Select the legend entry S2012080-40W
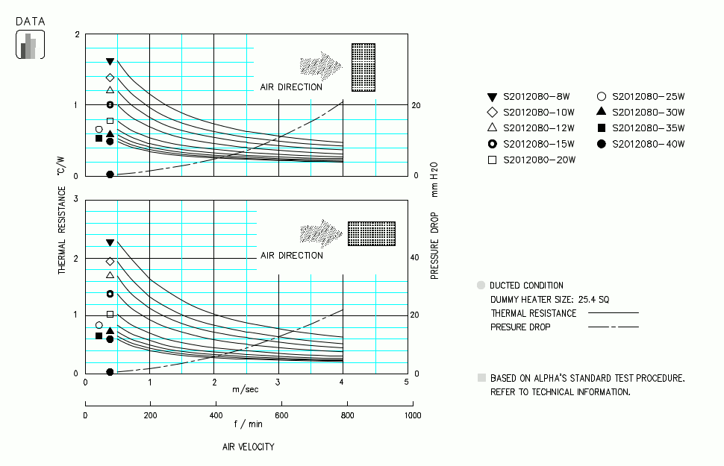point(648,144)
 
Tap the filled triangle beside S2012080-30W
point(601,112)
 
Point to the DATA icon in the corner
point(30,45)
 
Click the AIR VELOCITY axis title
point(248,447)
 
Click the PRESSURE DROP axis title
point(434,246)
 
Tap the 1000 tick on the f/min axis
point(410,415)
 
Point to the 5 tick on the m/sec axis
point(407,382)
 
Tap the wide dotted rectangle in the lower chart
point(371,233)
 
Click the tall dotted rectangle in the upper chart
point(363,67)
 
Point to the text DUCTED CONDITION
point(526,286)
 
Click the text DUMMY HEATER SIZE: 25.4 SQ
point(550,299)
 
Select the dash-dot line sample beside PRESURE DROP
point(614,327)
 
